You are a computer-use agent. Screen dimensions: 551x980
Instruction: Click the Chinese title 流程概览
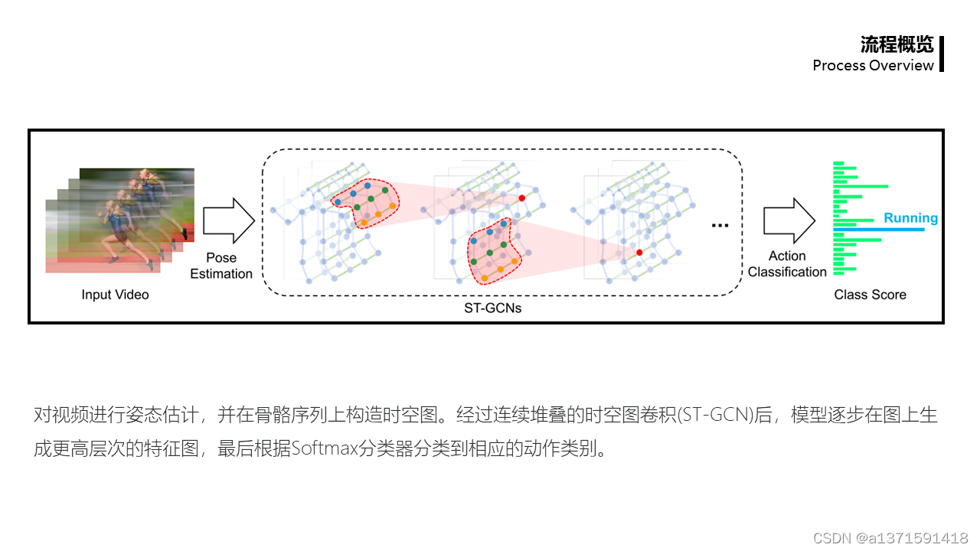tap(897, 44)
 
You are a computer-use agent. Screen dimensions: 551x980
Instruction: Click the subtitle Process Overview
tap(873, 65)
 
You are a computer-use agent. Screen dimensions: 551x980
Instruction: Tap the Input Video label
tap(115, 295)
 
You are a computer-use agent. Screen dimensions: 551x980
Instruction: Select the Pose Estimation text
tap(221, 266)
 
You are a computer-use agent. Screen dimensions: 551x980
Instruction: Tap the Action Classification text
tap(787, 264)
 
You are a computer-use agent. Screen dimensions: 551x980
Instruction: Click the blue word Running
tap(910, 218)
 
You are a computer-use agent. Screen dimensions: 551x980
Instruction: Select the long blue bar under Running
tap(878, 230)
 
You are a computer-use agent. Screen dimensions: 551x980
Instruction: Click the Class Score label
tap(870, 295)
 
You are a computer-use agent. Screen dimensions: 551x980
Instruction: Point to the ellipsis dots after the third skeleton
tap(720, 226)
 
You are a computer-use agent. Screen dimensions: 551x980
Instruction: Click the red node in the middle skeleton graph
tap(522, 198)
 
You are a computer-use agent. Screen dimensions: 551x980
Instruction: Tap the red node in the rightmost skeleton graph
tap(639, 252)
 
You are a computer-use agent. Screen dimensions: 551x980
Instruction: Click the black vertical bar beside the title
tap(941, 54)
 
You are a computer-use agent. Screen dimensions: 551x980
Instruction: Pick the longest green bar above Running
tap(861, 186)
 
